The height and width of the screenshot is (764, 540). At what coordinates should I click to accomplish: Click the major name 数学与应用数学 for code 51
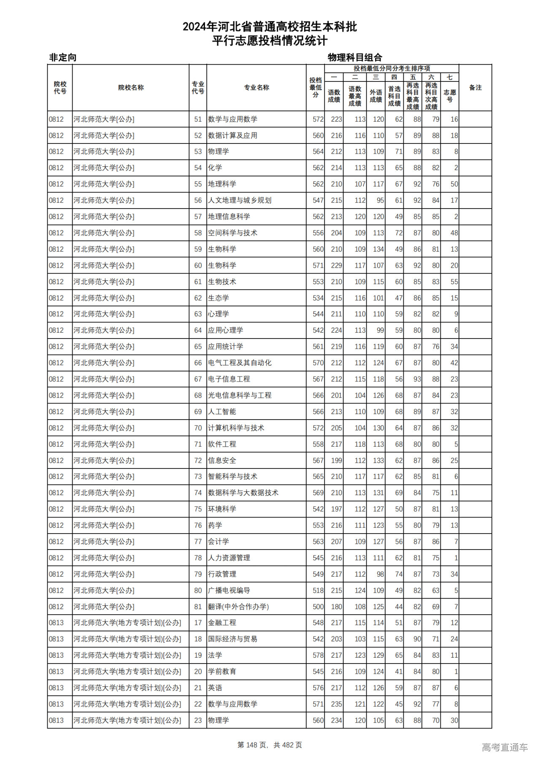pos(232,119)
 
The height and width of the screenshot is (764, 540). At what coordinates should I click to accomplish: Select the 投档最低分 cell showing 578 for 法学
pos(318,656)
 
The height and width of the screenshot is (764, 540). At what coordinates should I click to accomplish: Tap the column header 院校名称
pos(131,88)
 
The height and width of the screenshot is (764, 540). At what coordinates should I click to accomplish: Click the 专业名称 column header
pos(256,88)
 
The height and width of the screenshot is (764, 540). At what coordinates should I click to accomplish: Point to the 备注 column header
pos(475,88)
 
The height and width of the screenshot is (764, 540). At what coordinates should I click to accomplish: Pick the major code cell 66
pos(198,363)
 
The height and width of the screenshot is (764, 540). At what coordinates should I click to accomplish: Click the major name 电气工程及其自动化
pos(240,363)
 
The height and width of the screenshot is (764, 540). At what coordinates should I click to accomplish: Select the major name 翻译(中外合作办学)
pos(238,607)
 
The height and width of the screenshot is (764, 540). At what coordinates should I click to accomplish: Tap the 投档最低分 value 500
pos(318,607)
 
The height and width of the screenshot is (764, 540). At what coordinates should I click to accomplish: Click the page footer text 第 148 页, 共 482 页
pos(270,745)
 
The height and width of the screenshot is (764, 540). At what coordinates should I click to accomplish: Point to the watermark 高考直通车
pos(505,747)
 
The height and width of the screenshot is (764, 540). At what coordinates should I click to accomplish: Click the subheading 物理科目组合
pos(355,57)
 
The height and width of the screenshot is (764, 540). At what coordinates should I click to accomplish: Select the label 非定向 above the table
pos(63,57)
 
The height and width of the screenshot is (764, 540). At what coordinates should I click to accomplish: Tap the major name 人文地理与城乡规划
pos(240,200)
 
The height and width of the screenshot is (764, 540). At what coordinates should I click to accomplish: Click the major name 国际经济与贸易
pos(232,639)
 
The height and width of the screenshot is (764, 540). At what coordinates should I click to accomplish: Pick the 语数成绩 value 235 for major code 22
pos(336,704)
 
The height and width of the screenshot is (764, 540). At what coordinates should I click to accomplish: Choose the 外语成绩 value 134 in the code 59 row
pos(378,249)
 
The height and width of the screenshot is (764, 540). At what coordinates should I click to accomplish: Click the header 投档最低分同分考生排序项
pos(391,68)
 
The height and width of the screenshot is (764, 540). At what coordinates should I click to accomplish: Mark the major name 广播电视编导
pos(229,591)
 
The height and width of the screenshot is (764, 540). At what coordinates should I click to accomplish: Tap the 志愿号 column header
pos(450,96)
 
